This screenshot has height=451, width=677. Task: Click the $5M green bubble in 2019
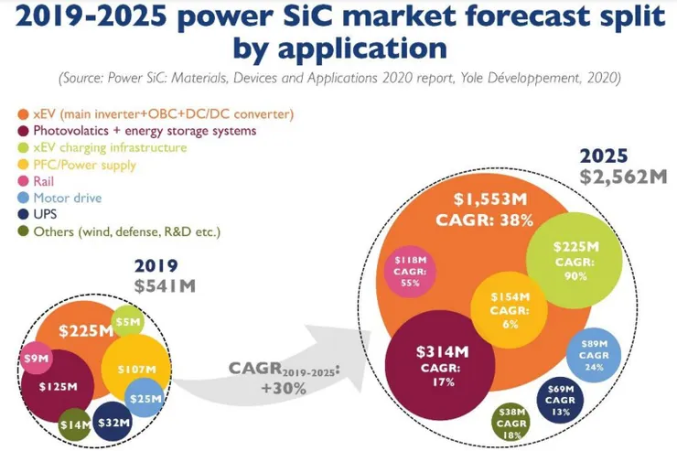coord(128,321)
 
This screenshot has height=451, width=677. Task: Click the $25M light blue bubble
coord(144,398)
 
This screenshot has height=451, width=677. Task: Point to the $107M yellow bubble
coord(134,370)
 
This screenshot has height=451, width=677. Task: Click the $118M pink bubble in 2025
coord(409,272)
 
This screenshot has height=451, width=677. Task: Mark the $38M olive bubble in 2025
coord(513,424)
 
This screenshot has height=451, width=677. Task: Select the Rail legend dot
coord(23,181)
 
